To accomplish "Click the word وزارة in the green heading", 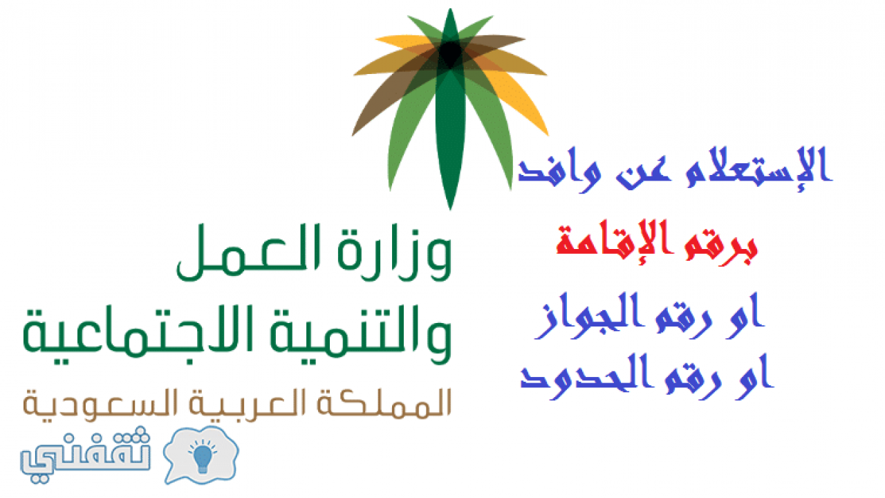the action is tap(395, 252).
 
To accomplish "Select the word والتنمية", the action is tap(360, 334).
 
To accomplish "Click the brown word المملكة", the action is tap(384, 403).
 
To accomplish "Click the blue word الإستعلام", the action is tap(758, 170).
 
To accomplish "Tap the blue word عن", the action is tap(643, 174).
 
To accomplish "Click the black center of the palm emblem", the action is tap(450, 53).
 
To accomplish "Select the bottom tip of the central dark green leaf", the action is tap(450, 210).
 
